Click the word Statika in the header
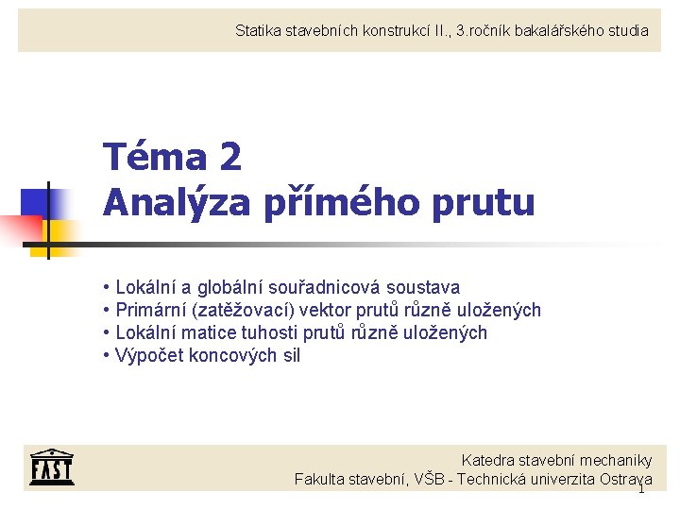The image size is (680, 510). (258, 31)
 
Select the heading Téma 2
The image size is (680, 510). (172, 157)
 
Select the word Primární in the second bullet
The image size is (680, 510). (151, 310)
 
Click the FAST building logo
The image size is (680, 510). (51, 465)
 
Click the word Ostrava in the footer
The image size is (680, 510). (625, 479)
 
